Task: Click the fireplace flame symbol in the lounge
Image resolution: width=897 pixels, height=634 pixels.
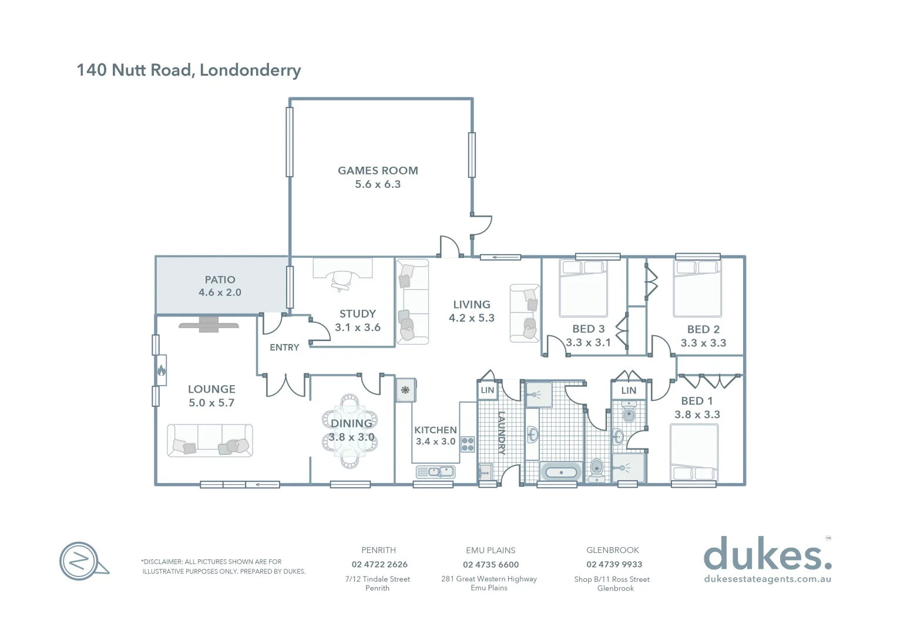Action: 161,370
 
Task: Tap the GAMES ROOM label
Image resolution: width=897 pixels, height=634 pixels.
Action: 378,171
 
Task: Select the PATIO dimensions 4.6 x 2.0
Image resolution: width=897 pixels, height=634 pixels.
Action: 220,292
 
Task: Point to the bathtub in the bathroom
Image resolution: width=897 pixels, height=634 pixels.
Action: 560,472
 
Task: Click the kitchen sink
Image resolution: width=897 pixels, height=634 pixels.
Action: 435,471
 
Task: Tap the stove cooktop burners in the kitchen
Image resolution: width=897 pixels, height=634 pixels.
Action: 468,444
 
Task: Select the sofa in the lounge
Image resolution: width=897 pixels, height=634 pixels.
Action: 210,440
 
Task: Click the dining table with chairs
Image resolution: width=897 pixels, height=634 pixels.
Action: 350,431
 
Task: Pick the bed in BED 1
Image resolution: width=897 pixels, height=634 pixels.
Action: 694,453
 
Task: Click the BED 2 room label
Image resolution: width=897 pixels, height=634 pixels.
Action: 703,329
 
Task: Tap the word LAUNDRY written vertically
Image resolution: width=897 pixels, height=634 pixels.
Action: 502,433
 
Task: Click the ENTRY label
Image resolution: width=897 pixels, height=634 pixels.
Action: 284,348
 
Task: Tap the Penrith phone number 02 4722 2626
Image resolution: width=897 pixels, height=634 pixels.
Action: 379,565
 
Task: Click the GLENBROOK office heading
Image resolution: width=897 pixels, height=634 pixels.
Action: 613,550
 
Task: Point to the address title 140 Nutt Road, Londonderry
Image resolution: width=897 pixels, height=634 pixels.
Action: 189,70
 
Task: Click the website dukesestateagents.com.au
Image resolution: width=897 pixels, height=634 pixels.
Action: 767,579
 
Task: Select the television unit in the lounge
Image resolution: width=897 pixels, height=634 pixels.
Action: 209,325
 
